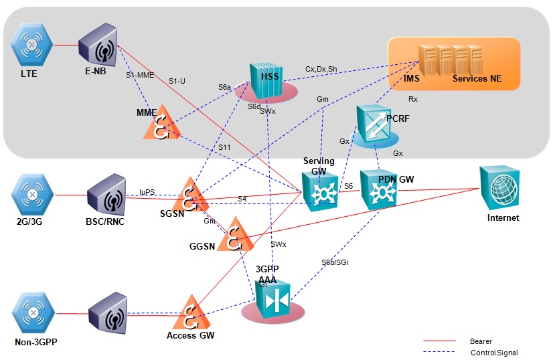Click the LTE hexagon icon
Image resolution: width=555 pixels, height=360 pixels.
pyautogui.click(x=31, y=46)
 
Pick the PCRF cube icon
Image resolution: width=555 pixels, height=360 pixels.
pyautogui.click(x=375, y=124)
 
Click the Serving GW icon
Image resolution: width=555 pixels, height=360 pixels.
pyautogui.click(x=320, y=191)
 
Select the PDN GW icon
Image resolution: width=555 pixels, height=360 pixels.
pyautogui.click(x=379, y=189)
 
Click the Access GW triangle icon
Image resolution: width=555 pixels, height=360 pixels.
pyautogui.click(x=191, y=310)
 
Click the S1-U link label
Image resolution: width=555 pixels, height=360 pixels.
pyautogui.click(x=177, y=81)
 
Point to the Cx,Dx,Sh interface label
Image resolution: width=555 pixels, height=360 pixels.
pyautogui.click(x=321, y=69)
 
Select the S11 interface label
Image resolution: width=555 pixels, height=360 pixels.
pyautogui.click(x=226, y=147)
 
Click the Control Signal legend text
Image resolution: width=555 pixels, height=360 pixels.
pyautogui.click(x=494, y=353)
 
